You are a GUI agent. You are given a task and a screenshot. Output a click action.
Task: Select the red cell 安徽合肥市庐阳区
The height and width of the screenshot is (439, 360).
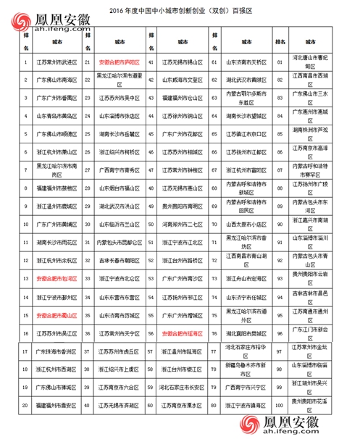point(120,63)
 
